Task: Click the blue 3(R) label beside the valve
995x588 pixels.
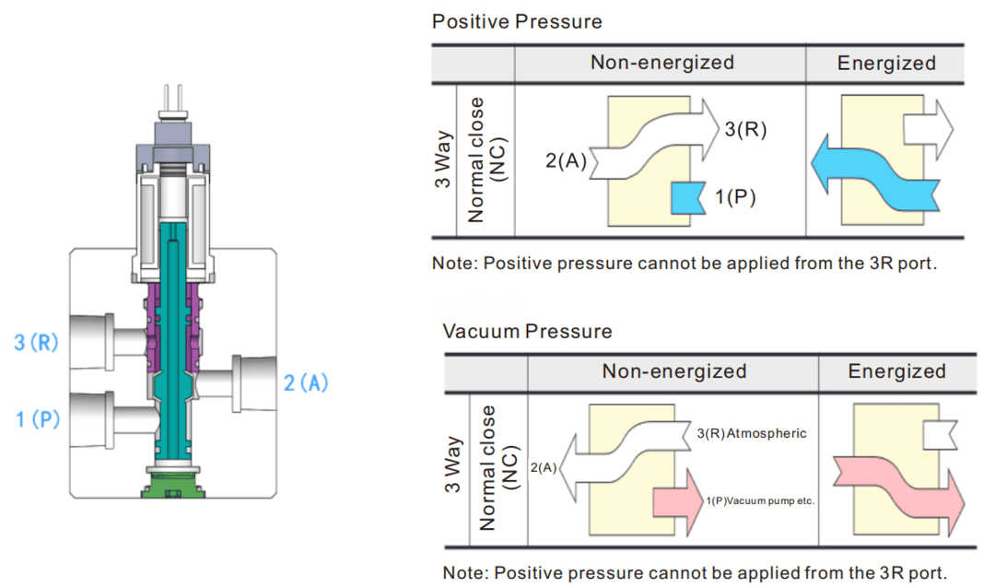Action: pyautogui.click(x=36, y=344)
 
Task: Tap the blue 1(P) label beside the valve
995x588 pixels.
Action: pyautogui.click(x=38, y=419)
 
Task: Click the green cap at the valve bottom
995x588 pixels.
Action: pyautogui.click(x=173, y=482)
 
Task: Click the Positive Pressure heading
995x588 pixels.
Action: pyautogui.click(x=517, y=20)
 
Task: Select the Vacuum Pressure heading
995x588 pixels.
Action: pyautogui.click(x=527, y=330)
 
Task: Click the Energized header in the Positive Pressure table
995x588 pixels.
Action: pyautogui.click(x=886, y=63)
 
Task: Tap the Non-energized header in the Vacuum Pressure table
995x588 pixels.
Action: pyautogui.click(x=673, y=371)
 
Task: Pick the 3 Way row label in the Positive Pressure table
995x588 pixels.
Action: pyautogui.click(x=443, y=161)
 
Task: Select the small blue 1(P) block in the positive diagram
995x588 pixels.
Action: pyautogui.click(x=686, y=196)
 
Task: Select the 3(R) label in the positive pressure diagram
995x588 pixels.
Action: pyautogui.click(x=745, y=129)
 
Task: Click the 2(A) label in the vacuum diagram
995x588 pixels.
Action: pyautogui.click(x=544, y=468)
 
